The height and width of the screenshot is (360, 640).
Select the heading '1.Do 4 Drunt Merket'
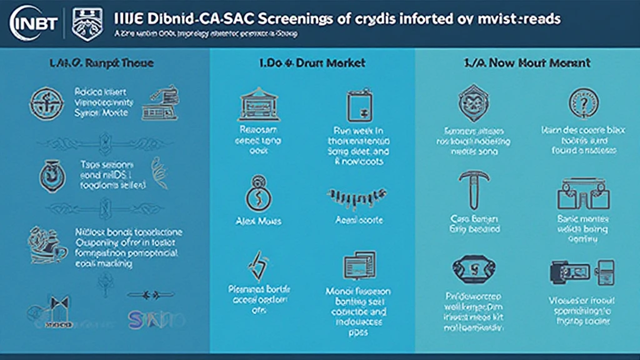tap(312, 63)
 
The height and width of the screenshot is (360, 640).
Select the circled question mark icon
tap(584, 102)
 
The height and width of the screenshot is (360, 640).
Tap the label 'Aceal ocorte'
tap(359, 221)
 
